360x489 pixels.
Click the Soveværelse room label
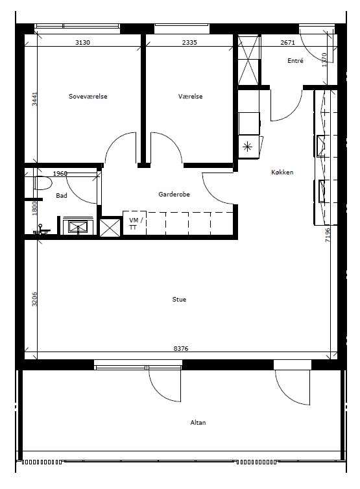pos(88,97)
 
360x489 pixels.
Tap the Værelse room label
pos(190,97)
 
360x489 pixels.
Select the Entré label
pos(295,60)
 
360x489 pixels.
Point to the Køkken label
pos(282,172)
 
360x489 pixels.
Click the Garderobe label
pos(174,195)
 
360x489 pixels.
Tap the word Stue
pos(179,300)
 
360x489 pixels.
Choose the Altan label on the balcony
pos(198,423)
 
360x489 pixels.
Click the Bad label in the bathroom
pos(62,196)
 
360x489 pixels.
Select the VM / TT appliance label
pos(136,224)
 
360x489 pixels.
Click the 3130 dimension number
pos(82,42)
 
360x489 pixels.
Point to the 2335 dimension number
pos(189,42)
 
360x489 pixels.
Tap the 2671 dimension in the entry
pos(287,42)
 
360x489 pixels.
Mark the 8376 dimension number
pos(181,348)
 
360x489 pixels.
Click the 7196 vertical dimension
pos(328,235)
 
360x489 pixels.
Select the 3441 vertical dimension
pos(34,99)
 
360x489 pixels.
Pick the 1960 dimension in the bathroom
pos(60,173)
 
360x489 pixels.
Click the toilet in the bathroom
pos(42,184)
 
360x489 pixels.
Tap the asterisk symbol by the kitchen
pos(247,147)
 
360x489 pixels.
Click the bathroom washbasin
pos(78,226)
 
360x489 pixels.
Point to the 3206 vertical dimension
pos(34,299)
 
